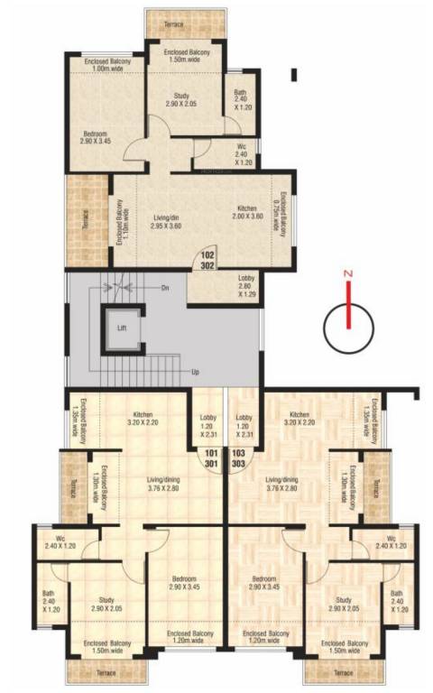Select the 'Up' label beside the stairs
pyautogui.click(x=194, y=371)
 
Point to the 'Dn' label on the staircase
pyautogui.click(x=165, y=288)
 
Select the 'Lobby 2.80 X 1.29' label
pyautogui.click(x=246, y=285)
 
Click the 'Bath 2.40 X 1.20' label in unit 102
pyautogui.click(x=240, y=98)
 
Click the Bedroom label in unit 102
pyautogui.click(x=95, y=137)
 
